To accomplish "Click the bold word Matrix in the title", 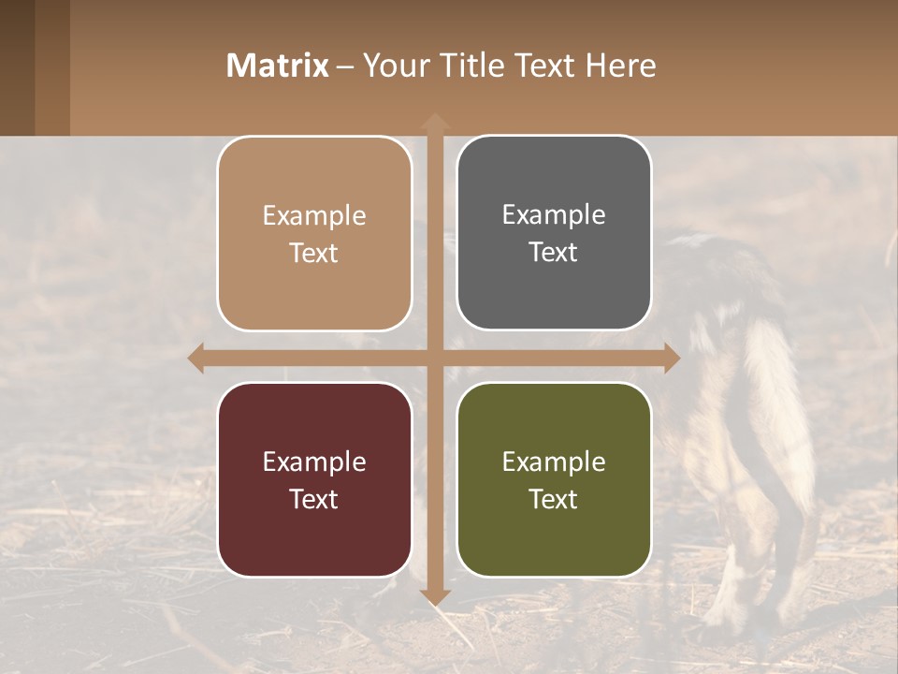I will tap(278, 66).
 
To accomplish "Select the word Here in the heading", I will tap(621, 66).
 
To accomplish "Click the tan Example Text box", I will tap(314, 234).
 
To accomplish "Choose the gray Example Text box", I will tap(554, 233).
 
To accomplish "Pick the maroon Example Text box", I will tap(314, 479).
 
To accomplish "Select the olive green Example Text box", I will tap(554, 479).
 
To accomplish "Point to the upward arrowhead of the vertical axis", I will tap(434, 122).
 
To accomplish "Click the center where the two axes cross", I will tap(434, 358).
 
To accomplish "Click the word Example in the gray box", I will tap(554, 215).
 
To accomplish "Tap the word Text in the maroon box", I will tap(314, 499).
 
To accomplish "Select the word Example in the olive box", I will tap(554, 462).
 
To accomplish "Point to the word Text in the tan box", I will tap(314, 254).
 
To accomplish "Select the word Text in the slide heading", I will tap(543, 66).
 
